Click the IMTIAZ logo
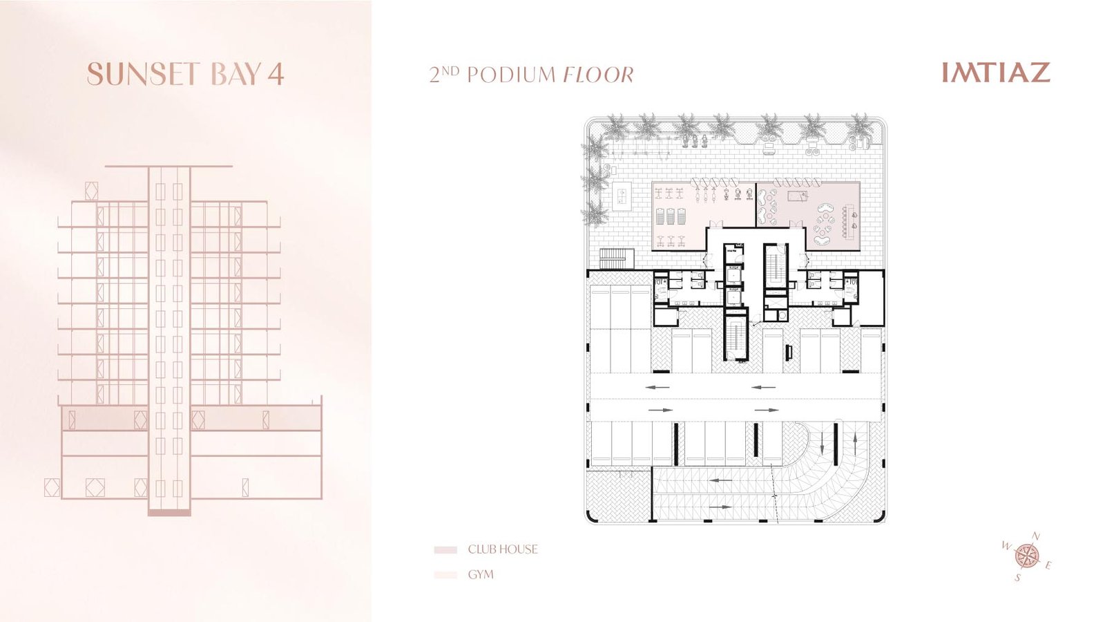pos(996,72)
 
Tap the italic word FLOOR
pos(598,75)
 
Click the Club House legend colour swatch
pos(445,550)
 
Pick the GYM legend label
pos(481,574)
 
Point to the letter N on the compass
pos(1037,536)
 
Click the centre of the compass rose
pos(1026,556)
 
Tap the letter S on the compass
pos(1017,578)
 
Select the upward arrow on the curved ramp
pos(855,444)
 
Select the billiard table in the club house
pos(797,196)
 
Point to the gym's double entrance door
pos(715,224)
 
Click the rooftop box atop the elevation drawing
pos(92,191)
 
